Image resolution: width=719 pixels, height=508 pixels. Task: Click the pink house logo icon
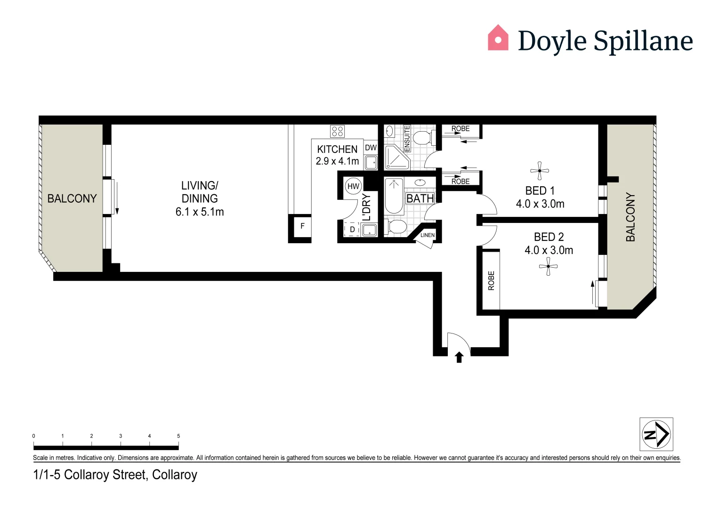(498, 38)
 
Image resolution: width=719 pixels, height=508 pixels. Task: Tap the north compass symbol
(656, 434)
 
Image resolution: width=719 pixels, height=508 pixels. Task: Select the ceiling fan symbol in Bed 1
(540, 171)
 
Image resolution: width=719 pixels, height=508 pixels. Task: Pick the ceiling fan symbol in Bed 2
(548, 267)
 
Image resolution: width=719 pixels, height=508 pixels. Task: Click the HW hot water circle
(353, 186)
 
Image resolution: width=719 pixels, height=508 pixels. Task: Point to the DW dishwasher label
(371, 148)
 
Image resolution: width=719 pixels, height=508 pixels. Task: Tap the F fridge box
(302, 226)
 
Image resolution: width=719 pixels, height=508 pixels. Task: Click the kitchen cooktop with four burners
(337, 131)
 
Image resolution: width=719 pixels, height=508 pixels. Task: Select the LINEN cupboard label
(428, 235)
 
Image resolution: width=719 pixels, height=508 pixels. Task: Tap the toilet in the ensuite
(421, 138)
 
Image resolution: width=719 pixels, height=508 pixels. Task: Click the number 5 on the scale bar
(178, 436)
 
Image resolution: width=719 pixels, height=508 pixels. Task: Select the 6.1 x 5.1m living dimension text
(200, 212)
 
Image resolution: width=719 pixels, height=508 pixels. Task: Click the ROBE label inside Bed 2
(491, 280)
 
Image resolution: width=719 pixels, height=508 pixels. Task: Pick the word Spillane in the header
(643, 41)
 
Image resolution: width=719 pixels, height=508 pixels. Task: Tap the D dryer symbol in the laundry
(352, 230)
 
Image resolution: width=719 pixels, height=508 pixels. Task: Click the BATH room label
(420, 198)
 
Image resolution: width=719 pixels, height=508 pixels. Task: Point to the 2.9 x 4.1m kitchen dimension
(337, 161)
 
